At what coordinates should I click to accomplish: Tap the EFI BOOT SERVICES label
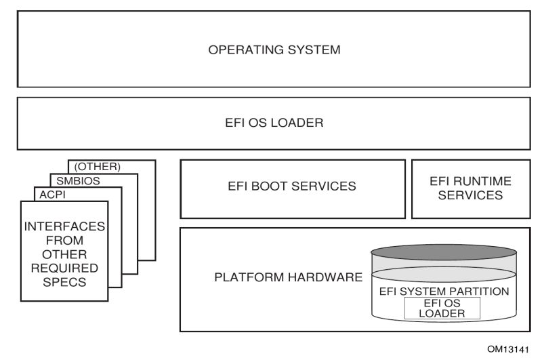pyautogui.click(x=292, y=186)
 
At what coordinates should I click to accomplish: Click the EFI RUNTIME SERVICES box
pyautogui.click(x=471, y=188)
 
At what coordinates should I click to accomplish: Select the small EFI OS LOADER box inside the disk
pyautogui.click(x=441, y=308)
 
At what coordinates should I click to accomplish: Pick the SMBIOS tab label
pyautogui.click(x=75, y=180)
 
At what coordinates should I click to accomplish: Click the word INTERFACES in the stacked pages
pyautogui.click(x=64, y=228)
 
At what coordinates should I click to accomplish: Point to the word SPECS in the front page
pyautogui.click(x=64, y=283)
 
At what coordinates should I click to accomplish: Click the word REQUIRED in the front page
pyautogui.click(x=64, y=269)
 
